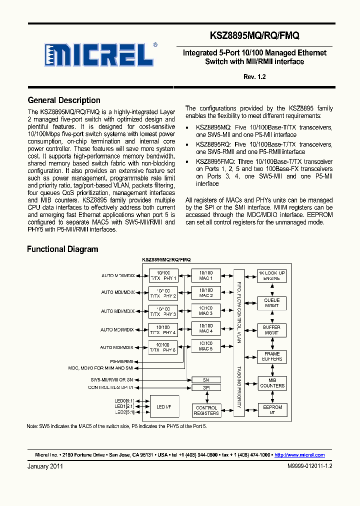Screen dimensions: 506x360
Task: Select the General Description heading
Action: click(x=64, y=100)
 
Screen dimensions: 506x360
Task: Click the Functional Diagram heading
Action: click(x=62, y=249)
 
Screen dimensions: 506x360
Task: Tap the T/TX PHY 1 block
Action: click(x=163, y=275)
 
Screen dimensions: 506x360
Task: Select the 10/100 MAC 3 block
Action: click(x=205, y=311)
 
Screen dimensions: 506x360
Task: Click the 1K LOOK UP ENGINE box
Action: click(x=271, y=275)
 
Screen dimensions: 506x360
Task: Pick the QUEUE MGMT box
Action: click(x=271, y=302)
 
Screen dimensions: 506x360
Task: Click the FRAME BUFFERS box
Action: click(x=271, y=356)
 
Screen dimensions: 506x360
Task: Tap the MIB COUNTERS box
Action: click(x=271, y=383)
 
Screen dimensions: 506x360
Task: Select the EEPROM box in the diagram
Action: click(x=271, y=410)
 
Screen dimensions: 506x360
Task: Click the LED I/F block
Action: click(x=163, y=407)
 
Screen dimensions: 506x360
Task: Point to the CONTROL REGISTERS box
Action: click(x=206, y=410)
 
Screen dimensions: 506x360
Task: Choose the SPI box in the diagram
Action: click(x=205, y=387)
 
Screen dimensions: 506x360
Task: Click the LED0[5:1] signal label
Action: click(x=124, y=401)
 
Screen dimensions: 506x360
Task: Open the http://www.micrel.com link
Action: click(x=299, y=455)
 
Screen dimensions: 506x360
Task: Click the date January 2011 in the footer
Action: click(x=45, y=466)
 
